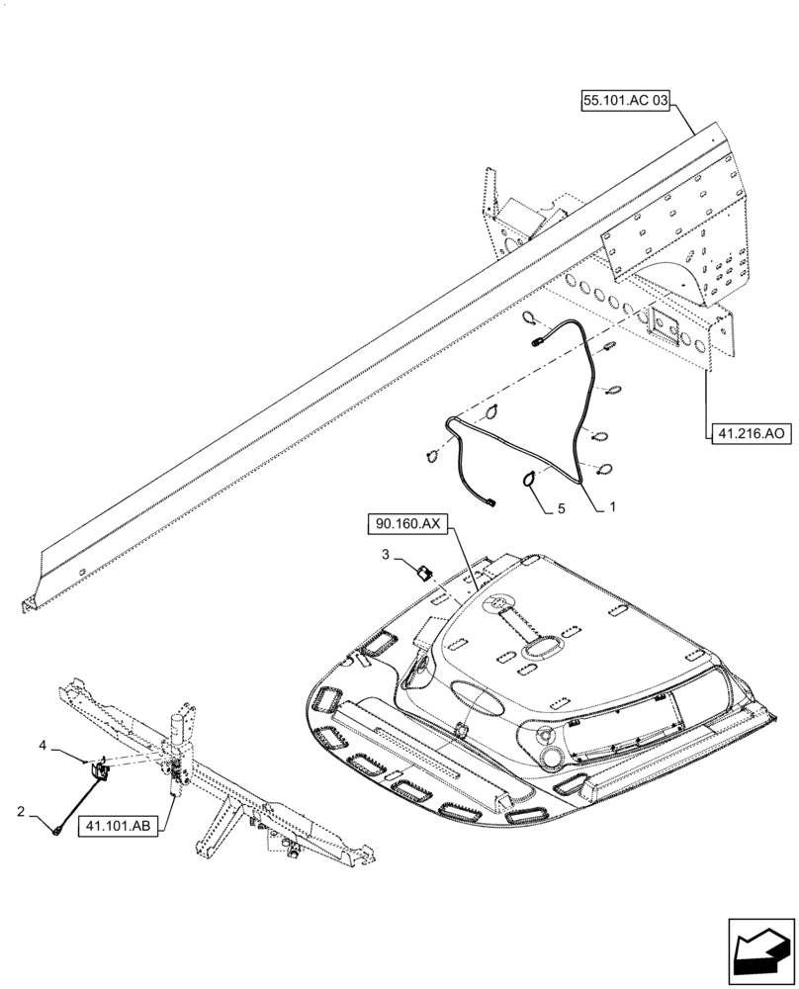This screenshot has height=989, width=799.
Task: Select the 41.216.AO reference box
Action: pyautogui.click(x=749, y=432)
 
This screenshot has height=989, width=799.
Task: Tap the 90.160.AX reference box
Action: pyautogui.click(x=408, y=523)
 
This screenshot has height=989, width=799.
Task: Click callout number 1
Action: pyautogui.click(x=612, y=505)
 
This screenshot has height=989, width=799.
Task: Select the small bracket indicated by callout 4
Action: pyautogui.click(x=100, y=768)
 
